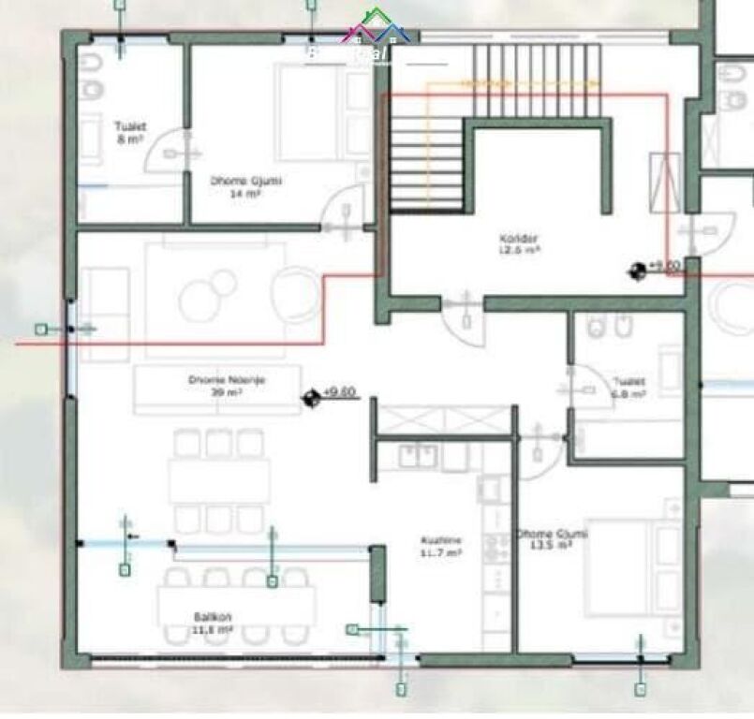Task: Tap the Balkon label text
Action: (213, 624)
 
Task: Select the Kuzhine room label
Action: (440, 548)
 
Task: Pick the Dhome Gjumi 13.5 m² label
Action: (551, 539)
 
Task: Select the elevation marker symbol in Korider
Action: (637, 271)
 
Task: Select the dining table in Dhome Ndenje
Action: (219, 481)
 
